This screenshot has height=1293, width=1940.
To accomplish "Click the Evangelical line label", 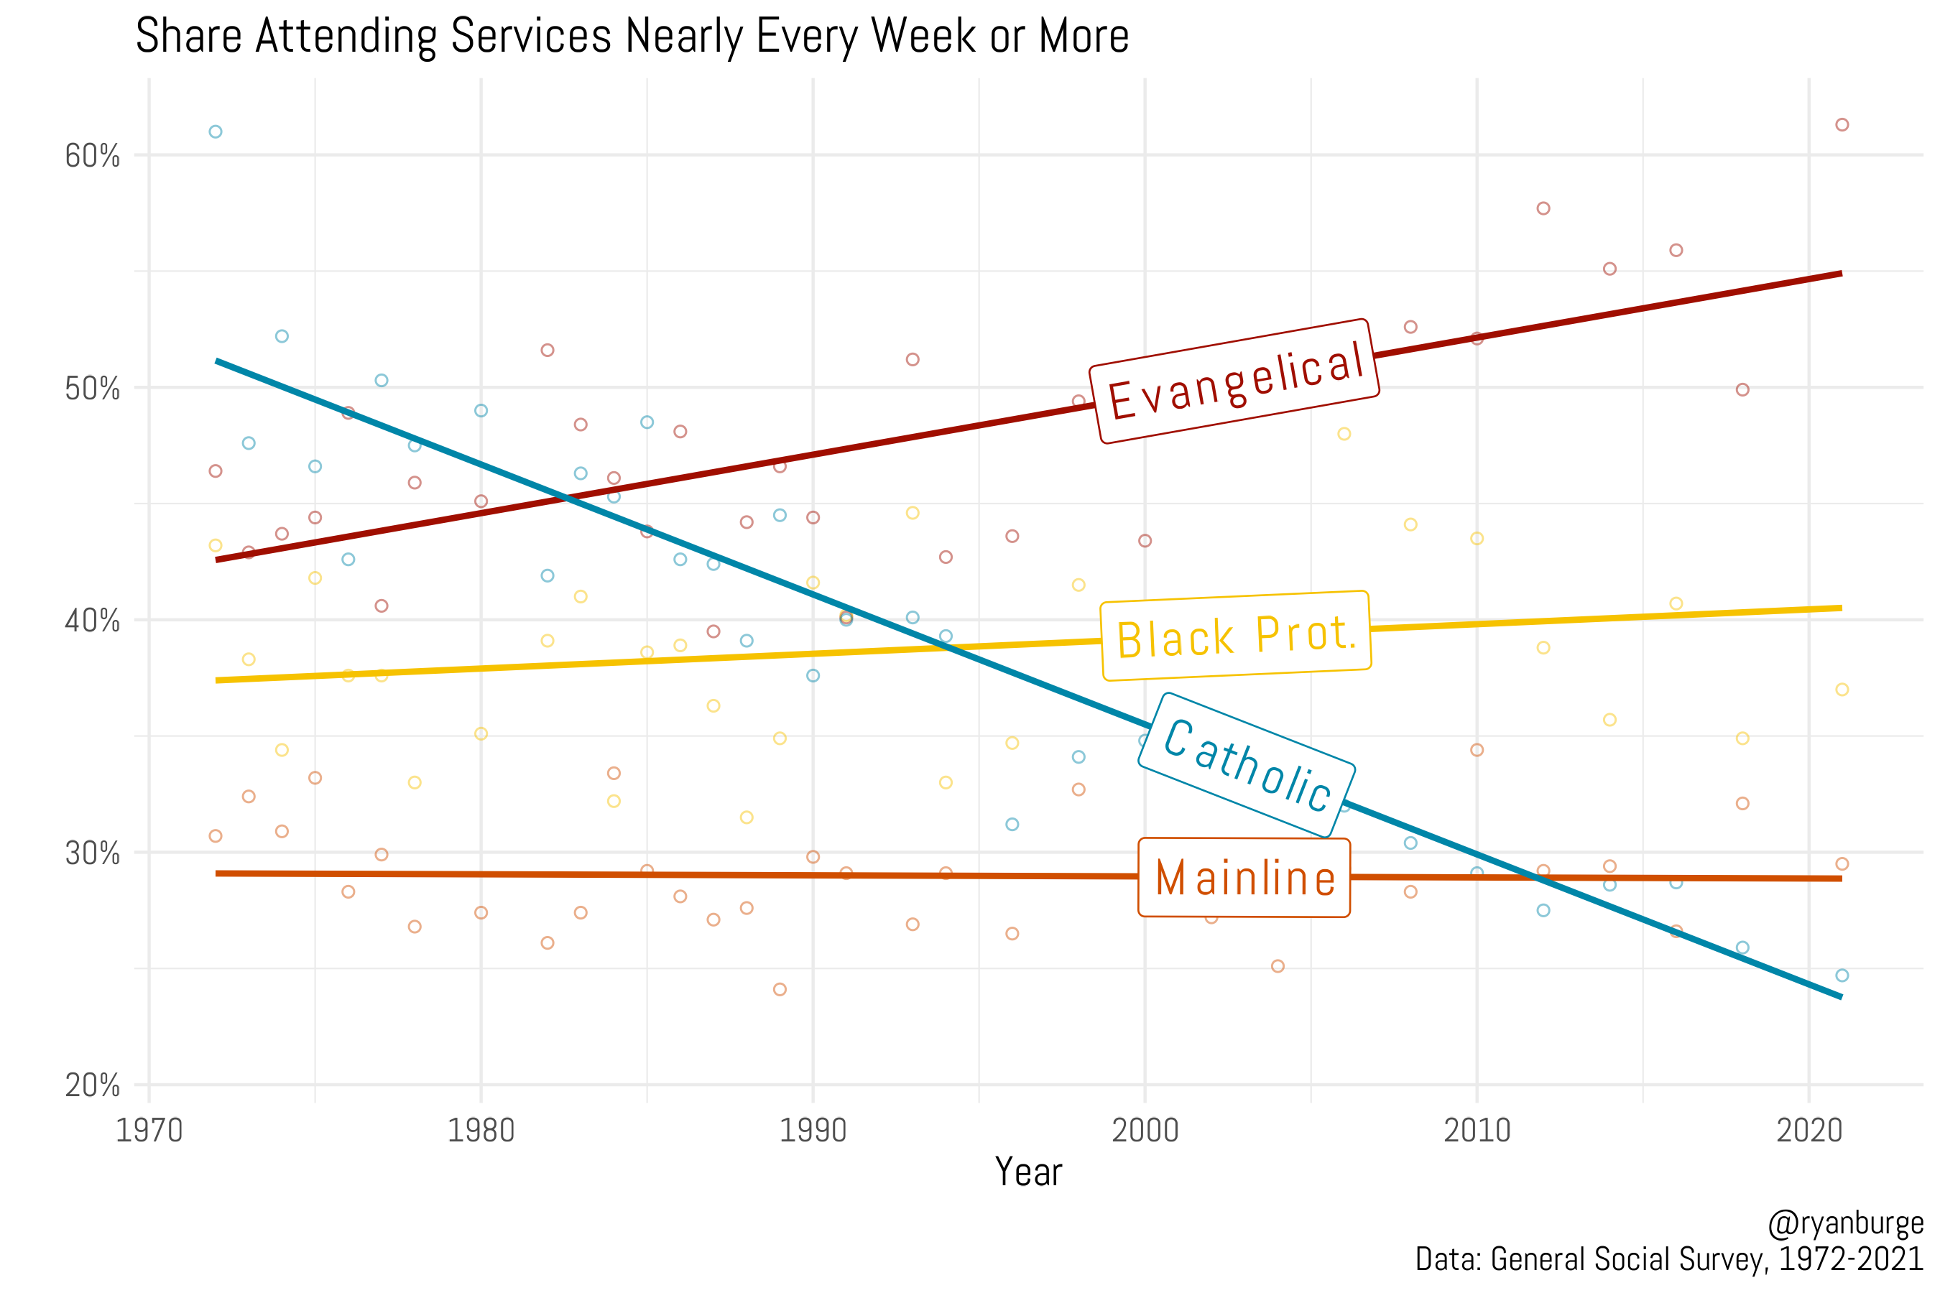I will coord(1234,381).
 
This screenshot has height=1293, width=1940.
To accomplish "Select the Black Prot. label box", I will coord(1236,636).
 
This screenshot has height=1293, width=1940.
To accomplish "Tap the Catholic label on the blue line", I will coord(1247,764).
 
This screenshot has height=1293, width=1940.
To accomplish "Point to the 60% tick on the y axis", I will coord(93,156).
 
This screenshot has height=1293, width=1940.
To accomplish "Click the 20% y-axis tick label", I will coord(93,1085).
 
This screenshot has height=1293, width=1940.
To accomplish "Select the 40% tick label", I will coord(93,621).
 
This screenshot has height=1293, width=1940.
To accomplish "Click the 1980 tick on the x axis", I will coord(481,1131).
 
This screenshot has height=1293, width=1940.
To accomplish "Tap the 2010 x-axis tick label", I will coord(1477,1131).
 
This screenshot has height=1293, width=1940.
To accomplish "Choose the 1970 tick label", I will coord(149,1131).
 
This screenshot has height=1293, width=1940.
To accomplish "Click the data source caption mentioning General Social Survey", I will coord(1668,1259).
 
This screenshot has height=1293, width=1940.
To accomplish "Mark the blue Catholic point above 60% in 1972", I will coord(216,132).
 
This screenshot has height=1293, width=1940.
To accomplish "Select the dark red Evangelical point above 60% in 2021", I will coord(1842,124).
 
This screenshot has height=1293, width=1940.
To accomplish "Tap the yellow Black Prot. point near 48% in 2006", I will coord(1344,434).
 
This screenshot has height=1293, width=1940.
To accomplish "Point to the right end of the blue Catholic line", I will coord(1840,997).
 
